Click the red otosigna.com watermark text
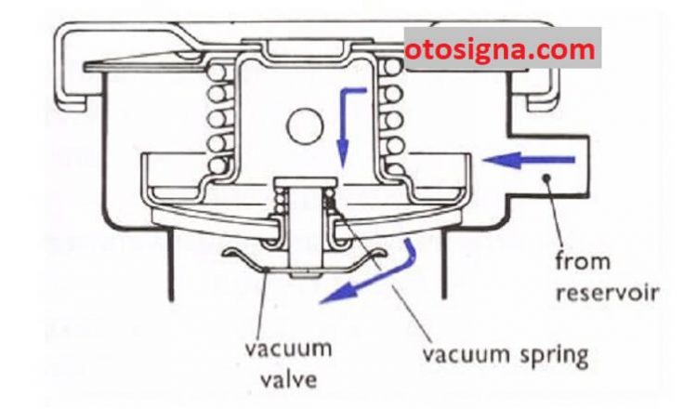coord(500,50)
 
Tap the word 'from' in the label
coord(583,260)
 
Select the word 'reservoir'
coord(607,293)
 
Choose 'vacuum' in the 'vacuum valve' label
coord(288,348)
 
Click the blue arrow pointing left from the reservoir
coord(529,160)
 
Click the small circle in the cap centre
coord(305,125)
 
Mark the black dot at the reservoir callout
coord(546,178)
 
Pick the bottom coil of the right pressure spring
coord(393,167)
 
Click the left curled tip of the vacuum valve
coord(230,252)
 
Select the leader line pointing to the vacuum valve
coord(262,303)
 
